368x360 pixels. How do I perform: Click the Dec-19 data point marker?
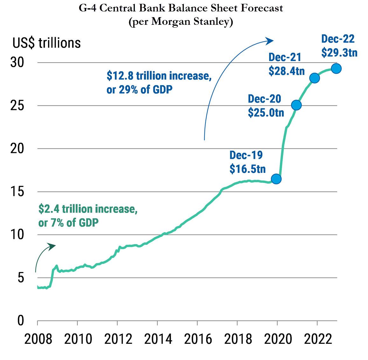(x=276, y=179)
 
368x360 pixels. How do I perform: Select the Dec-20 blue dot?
(x=296, y=105)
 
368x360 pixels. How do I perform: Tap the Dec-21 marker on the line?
(x=315, y=78)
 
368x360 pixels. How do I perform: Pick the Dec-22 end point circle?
(x=336, y=68)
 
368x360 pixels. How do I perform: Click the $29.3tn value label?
(x=339, y=52)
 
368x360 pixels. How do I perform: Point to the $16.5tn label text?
(x=247, y=169)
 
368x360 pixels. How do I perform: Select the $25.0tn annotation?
(x=266, y=112)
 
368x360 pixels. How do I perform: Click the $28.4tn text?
(x=287, y=71)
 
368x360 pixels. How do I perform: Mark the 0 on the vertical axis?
(x=20, y=321)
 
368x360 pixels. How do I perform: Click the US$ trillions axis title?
(x=47, y=43)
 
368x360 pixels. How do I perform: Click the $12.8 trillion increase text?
(x=159, y=76)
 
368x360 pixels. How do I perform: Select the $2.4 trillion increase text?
(x=88, y=209)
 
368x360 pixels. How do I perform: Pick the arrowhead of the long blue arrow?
(x=270, y=40)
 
